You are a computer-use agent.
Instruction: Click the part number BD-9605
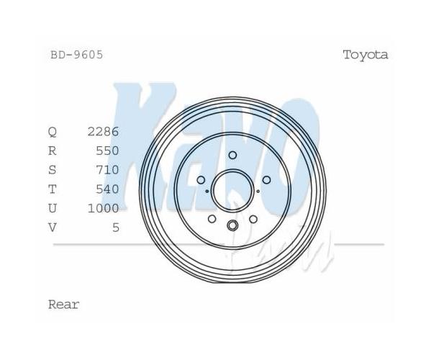point(77,55)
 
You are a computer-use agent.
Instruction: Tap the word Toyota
point(366,55)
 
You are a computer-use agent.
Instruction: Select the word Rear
point(64,305)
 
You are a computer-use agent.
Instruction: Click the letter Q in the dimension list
point(53,132)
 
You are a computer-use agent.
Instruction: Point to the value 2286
point(104,132)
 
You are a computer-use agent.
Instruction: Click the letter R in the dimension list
point(53,150)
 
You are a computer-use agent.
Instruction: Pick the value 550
point(107,150)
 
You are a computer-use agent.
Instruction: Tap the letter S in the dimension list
point(53,170)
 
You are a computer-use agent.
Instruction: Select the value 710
point(107,170)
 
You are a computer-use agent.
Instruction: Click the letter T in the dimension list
point(53,189)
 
